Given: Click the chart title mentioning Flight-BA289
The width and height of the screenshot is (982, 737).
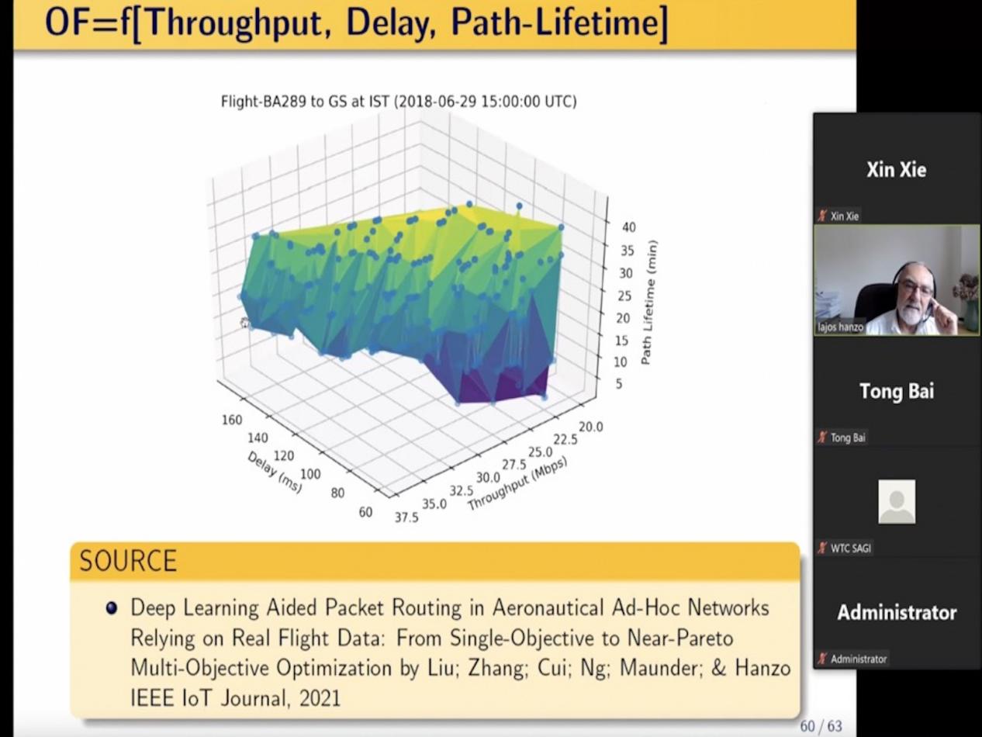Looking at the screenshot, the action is [399, 102].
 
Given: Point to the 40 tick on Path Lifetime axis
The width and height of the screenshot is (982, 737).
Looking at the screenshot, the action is [628, 227].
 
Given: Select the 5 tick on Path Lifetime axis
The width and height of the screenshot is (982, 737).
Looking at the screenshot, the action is [619, 383].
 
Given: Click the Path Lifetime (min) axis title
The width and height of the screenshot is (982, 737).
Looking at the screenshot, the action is [649, 303].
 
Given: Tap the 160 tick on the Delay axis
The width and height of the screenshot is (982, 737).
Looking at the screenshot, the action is [232, 420].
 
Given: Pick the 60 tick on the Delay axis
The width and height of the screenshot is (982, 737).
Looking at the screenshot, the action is [365, 512].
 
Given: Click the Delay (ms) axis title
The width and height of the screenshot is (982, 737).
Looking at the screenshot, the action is [275, 472].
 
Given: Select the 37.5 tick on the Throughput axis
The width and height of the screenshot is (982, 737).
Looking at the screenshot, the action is [406, 517].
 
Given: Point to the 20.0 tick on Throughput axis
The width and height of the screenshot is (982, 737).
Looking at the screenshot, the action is [590, 427].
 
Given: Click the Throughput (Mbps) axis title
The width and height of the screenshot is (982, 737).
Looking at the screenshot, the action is [517, 483].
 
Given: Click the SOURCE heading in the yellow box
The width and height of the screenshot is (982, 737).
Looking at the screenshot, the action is [128, 561].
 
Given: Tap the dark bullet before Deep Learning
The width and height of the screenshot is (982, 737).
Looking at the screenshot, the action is [112, 608].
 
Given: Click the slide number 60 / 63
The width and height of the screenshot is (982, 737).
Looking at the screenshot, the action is [821, 726].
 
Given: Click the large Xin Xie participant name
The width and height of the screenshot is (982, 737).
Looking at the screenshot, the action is [896, 170].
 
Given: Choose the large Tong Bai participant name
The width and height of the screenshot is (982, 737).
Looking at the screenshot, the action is [897, 391].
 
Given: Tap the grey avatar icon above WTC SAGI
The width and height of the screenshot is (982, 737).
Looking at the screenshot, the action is [897, 502].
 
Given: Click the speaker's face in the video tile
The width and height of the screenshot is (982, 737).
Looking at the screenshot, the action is [915, 296].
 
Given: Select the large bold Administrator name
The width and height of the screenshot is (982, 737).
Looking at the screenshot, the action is [897, 613].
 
